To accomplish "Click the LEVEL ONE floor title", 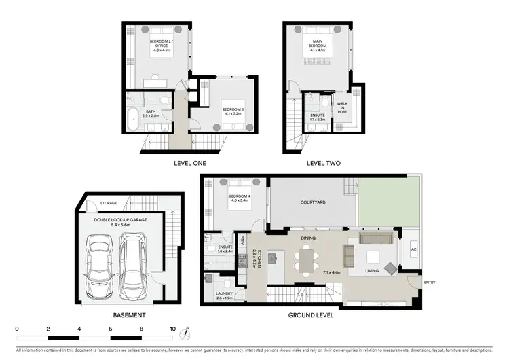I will [189, 163].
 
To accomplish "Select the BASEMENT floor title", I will [129, 316].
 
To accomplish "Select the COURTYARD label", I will [312, 202].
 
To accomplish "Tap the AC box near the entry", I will [413, 249].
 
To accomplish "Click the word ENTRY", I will [430, 282].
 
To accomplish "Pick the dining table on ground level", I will [307, 260].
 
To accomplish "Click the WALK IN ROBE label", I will [343, 108].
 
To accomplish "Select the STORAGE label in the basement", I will [109, 203].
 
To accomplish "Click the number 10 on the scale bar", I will [173, 328].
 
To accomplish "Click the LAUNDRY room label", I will [225, 295].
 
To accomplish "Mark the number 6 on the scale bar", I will [111, 328].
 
